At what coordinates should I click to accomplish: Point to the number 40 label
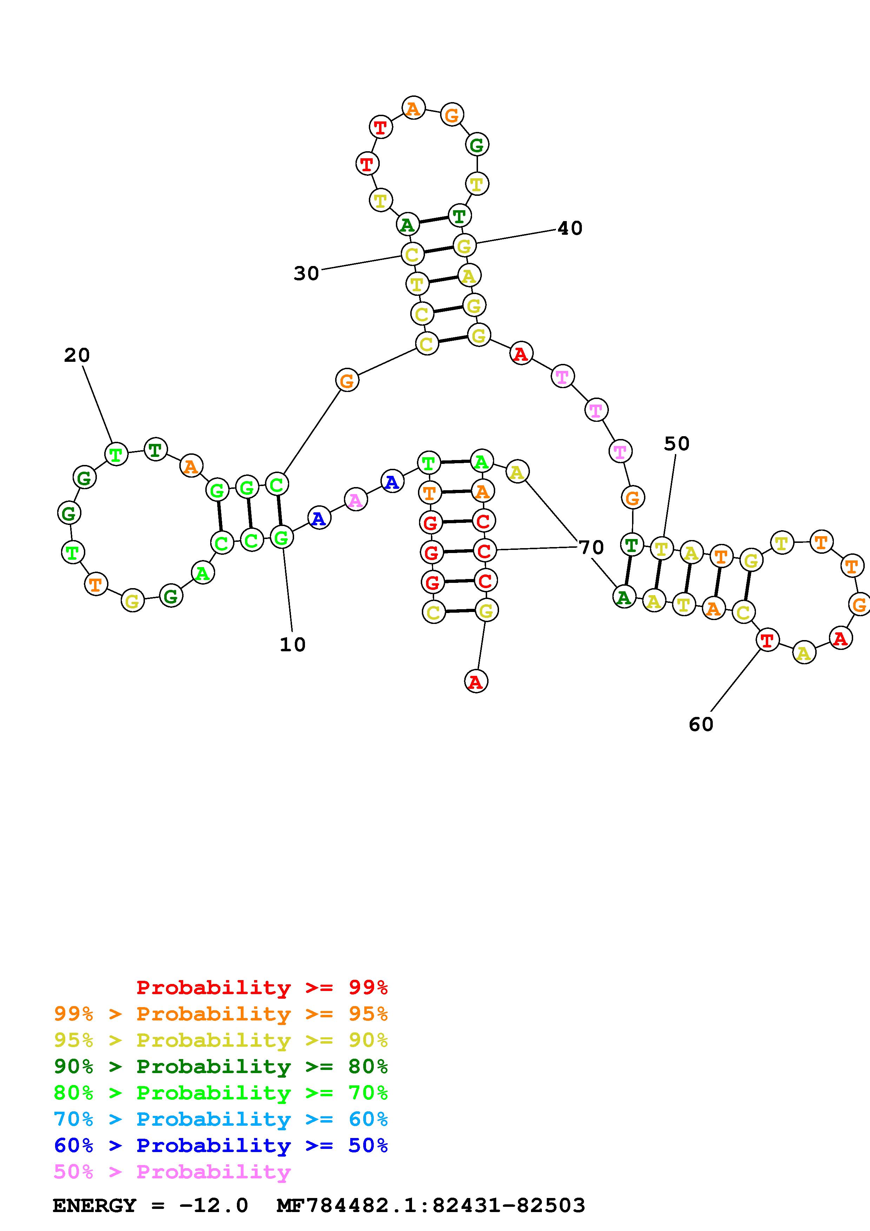[570, 229]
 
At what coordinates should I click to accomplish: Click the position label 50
[677, 444]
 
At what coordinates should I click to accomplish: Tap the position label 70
[592, 548]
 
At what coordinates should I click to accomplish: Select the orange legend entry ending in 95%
[221, 1014]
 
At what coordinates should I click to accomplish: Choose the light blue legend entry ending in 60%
[221, 1119]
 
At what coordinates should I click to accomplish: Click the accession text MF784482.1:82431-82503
[431, 1205]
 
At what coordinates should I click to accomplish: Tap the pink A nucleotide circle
[356, 500]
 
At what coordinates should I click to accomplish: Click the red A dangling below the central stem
[476, 682]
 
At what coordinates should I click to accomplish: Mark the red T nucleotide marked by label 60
[767, 640]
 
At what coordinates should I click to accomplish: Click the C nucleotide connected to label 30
[412, 254]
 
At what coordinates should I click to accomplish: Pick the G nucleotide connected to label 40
[464, 246]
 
